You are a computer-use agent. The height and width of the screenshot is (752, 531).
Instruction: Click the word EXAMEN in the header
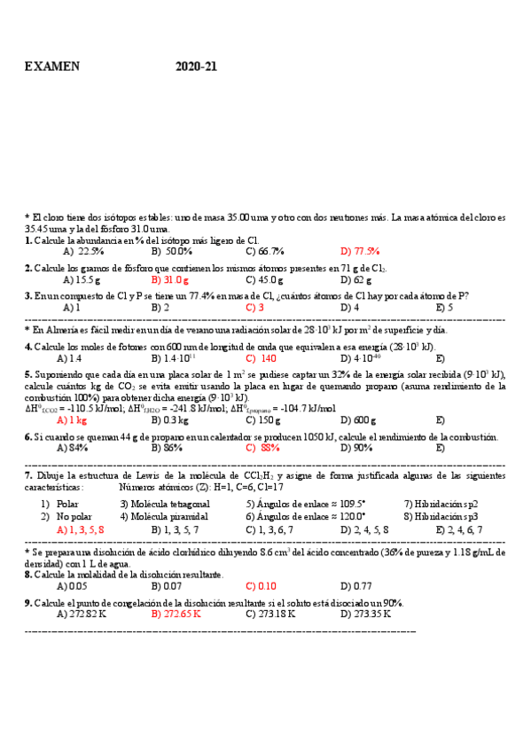52,67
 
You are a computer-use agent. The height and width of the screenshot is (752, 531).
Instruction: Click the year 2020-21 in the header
196,67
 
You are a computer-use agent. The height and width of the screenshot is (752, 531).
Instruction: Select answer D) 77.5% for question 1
360,251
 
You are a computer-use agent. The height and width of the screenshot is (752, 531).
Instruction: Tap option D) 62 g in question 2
359,279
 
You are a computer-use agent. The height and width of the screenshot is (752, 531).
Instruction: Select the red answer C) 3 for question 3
255,308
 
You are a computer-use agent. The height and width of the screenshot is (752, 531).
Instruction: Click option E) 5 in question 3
444,308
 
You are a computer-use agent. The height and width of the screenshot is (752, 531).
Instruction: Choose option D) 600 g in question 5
359,420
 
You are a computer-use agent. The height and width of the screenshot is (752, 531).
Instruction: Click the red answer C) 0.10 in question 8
262,586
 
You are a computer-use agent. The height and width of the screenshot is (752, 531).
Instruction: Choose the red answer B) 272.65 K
176,613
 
